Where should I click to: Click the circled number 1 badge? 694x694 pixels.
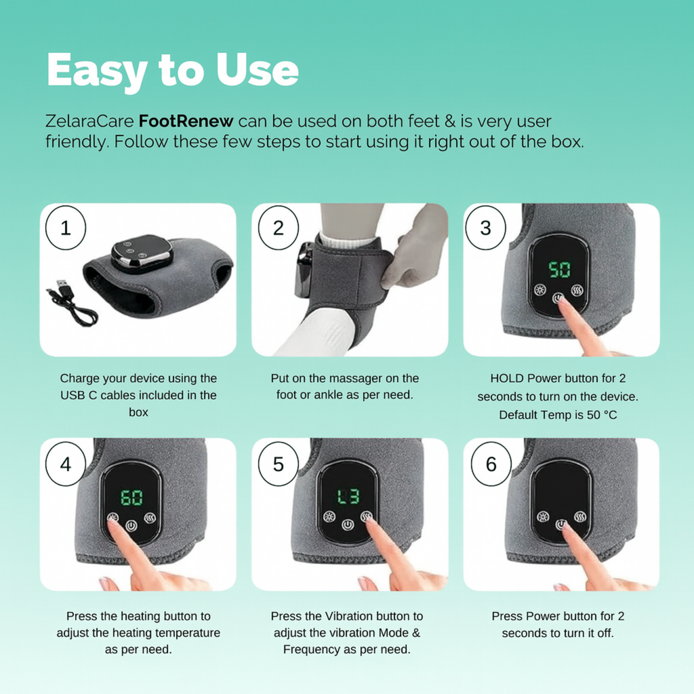coord(66,228)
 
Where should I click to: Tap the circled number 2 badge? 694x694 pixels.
coord(279,228)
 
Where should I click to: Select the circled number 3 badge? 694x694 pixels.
coord(485,228)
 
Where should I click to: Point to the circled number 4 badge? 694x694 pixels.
coord(66,464)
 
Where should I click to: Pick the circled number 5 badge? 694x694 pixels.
coord(279,464)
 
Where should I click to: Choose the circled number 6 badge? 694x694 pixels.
coord(491,464)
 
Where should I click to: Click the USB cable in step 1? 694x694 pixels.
coord(70,303)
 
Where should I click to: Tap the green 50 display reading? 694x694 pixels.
coord(559,269)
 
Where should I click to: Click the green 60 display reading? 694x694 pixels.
coord(132,497)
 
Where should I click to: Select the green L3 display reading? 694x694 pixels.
coord(348,496)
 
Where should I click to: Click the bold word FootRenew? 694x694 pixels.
coord(186,121)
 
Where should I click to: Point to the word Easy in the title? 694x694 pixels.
coord(96,70)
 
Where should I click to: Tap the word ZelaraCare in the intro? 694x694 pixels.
coord(89,121)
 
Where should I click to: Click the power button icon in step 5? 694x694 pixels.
coord(348,525)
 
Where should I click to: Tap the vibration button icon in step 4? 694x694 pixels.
coord(150,517)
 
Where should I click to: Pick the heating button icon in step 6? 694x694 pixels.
coord(543,516)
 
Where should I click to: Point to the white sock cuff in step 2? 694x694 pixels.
coord(348,239)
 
